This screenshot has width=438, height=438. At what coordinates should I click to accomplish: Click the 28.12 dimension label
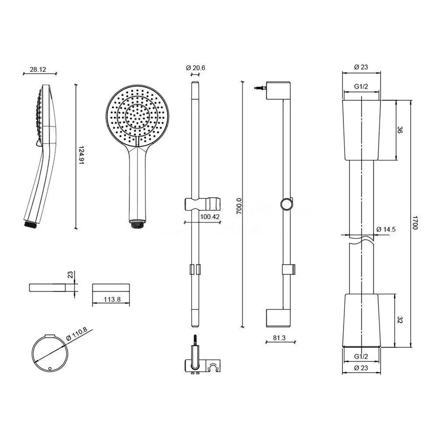(38, 69)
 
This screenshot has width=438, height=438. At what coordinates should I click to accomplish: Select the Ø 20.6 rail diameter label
(195, 68)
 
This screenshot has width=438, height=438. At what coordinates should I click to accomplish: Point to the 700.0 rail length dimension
(240, 205)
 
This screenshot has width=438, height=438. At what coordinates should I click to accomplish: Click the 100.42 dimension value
(210, 216)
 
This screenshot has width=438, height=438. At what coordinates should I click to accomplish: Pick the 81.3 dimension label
(279, 338)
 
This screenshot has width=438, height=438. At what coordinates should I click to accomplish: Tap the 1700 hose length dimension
(415, 223)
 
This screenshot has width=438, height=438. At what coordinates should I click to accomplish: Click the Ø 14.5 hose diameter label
(386, 230)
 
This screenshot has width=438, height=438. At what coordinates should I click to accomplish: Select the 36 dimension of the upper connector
(400, 130)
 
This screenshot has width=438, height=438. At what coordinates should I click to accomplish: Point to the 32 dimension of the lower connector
(399, 320)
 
